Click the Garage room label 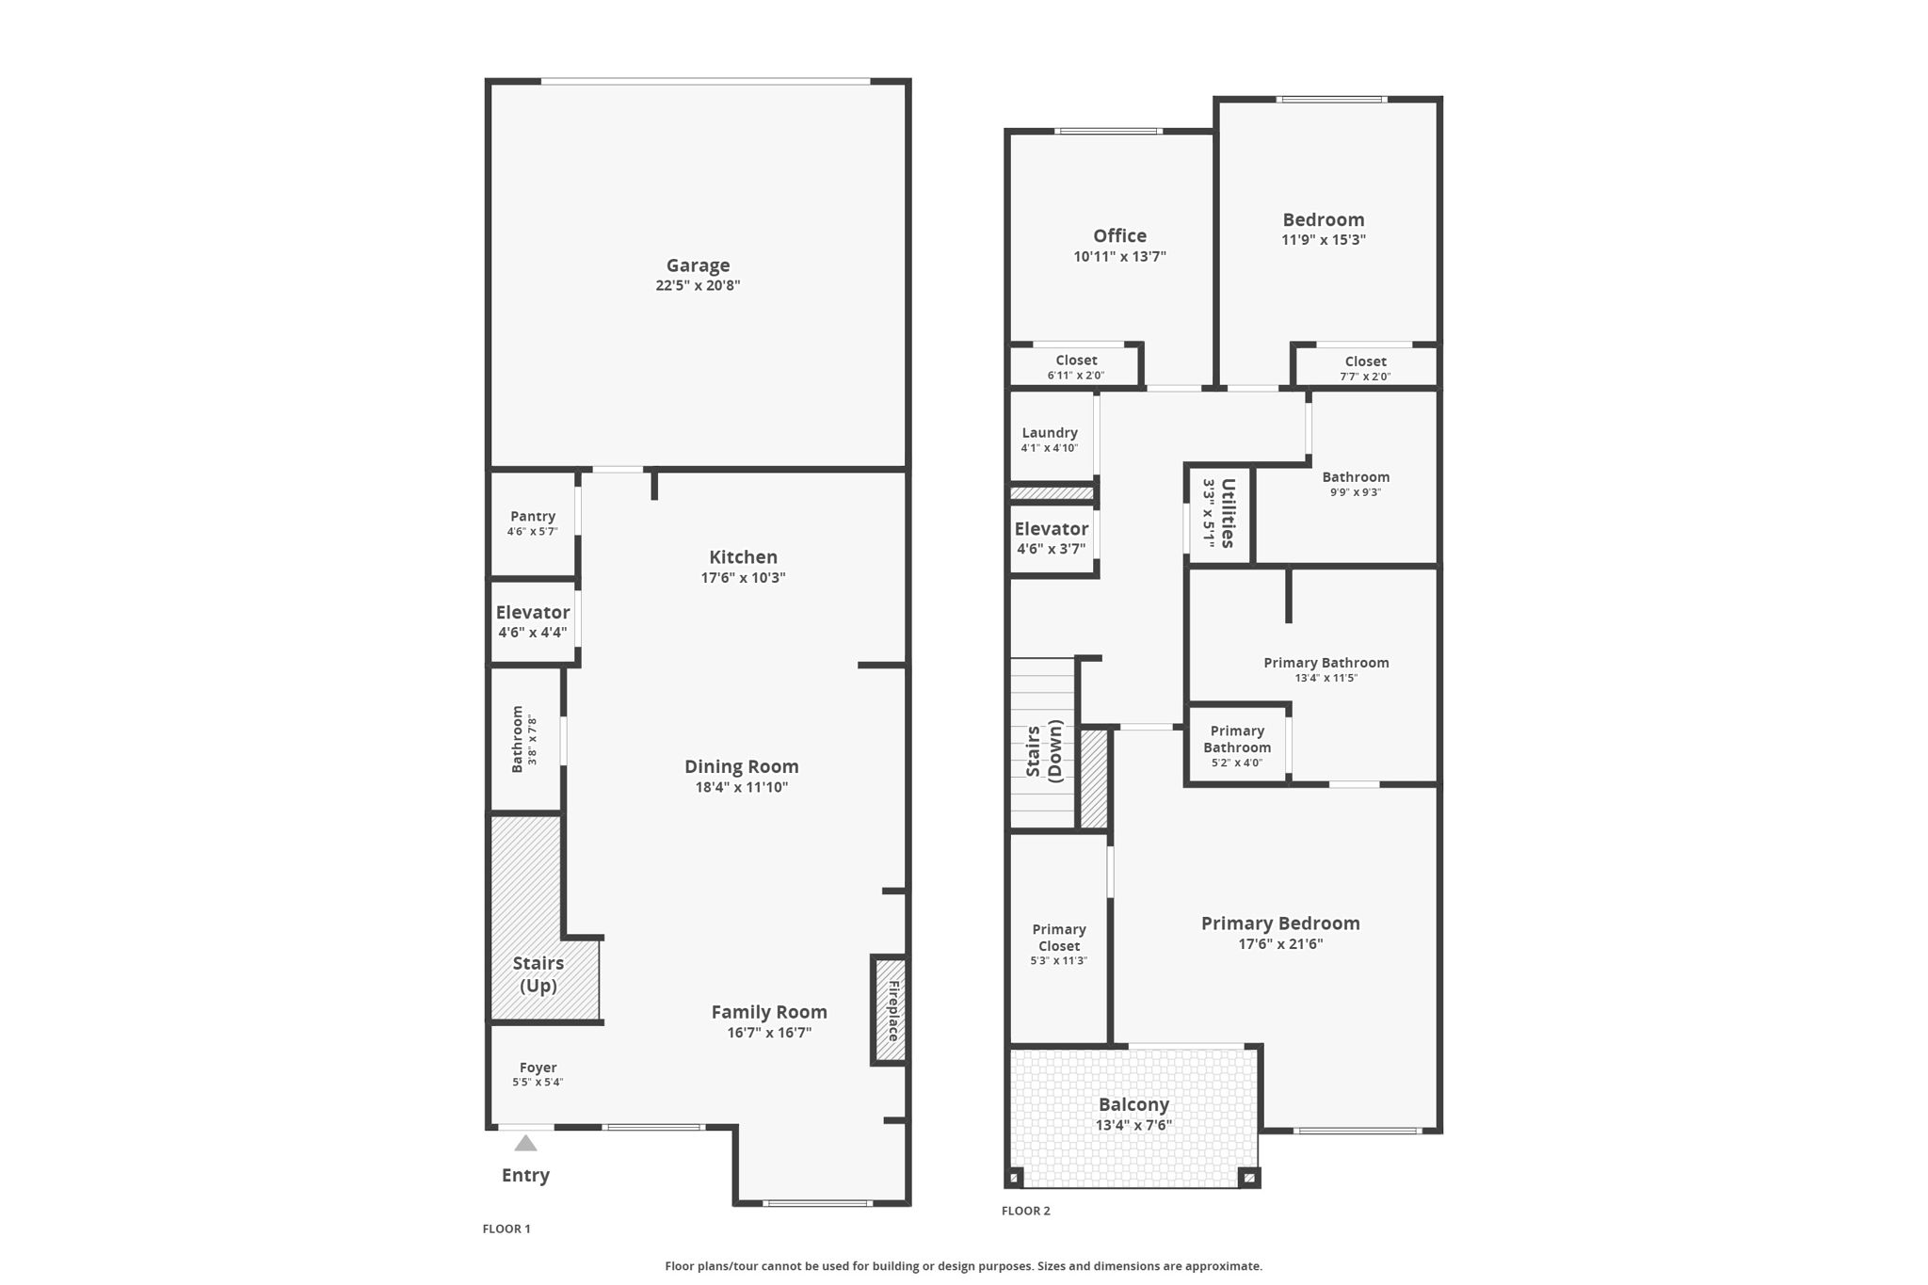(698, 265)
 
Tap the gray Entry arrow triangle (525, 1143)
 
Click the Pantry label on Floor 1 (533, 516)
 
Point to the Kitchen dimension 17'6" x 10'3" (743, 578)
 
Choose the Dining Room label (742, 766)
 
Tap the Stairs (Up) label (538, 974)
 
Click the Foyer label (538, 1068)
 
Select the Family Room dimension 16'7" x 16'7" (769, 1033)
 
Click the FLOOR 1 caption (506, 1229)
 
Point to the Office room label (1120, 235)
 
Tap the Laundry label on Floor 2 (1050, 433)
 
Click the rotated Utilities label (1228, 513)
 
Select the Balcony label (1133, 1104)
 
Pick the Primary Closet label (1059, 938)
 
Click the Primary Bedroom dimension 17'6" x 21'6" (1280, 944)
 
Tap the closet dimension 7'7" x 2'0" (1365, 377)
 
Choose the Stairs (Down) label (1043, 750)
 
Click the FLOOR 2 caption (1026, 1211)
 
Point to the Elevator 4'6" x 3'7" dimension (1051, 549)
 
